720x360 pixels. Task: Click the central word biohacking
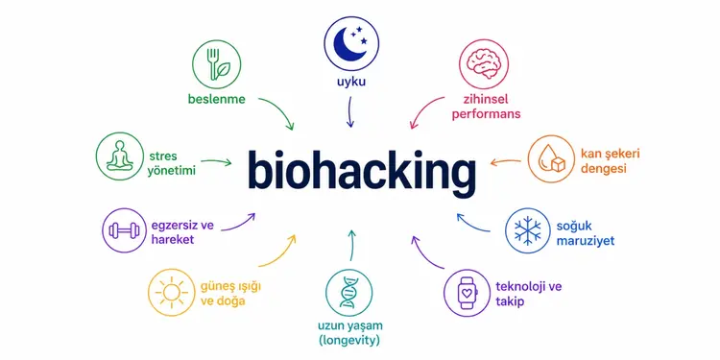pos(362,171)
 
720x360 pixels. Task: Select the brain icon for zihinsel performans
pos(484,64)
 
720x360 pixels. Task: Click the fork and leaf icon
pos(216,64)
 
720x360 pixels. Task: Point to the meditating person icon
pos(120,156)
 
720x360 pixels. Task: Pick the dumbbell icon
pos(124,230)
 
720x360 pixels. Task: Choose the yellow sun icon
pos(171,293)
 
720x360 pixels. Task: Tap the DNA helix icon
pos(349,292)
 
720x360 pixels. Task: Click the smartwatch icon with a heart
pos(467,293)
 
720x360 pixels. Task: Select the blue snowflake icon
pos(528,230)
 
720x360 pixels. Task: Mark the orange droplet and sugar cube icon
pos(551,158)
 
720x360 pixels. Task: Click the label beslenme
pos(217,99)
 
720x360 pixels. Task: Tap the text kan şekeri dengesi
pos(611,160)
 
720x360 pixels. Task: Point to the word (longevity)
pos(349,341)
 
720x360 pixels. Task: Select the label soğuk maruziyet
pos(585,233)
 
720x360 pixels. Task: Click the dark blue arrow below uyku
pos(349,111)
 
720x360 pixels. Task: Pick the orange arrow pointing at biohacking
pos(505,161)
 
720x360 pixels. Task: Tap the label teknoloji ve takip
pos(529,295)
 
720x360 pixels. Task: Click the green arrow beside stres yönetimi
pos(216,161)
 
